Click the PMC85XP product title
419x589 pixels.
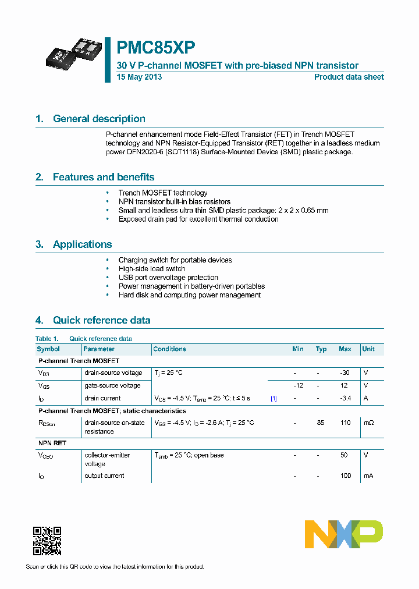pyautogui.click(x=156, y=48)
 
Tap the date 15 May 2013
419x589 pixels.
pyautogui.click(x=139, y=77)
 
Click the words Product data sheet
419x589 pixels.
pyautogui.click(x=349, y=77)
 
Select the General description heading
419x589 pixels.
pyautogui.click(x=99, y=119)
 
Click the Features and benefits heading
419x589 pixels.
pyautogui.click(x=104, y=177)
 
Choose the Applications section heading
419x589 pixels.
pyautogui.click(x=82, y=244)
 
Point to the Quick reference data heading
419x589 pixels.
pyautogui.click(x=101, y=320)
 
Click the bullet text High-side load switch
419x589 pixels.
pyautogui.click(x=151, y=269)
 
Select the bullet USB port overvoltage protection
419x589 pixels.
pyautogui.click(x=168, y=278)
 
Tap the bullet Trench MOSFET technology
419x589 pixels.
pyautogui.click(x=162, y=193)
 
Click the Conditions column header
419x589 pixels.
pyautogui.click(x=169, y=349)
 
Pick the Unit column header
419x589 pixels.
pyautogui.click(x=368, y=349)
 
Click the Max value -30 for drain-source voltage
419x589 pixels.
pyautogui.click(x=345, y=372)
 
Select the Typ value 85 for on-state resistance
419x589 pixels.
pyautogui.click(x=321, y=423)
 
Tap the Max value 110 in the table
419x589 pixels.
pyautogui.click(x=345, y=423)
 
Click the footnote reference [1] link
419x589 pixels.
pyautogui.click(x=274, y=398)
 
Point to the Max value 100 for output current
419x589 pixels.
pyautogui.click(x=346, y=476)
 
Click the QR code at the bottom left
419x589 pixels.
pyautogui.click(x=47, y=541)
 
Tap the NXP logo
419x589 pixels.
pyautogui.click(x=344, y=534)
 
